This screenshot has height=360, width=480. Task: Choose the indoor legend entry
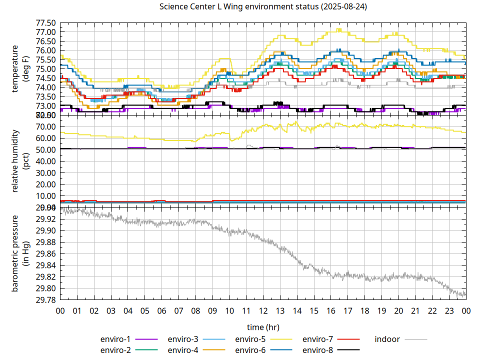[x=387, y=339]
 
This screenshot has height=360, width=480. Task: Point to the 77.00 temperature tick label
[x=45, y=32]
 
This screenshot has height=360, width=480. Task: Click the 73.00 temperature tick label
[x=45, y=106]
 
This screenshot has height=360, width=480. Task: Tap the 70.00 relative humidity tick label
[x=45, y=127]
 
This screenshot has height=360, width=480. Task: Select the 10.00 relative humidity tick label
[x=45, y=196]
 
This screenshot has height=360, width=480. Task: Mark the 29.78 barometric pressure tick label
[x=45, y=300]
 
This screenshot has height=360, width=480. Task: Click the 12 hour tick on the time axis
[x=263, y=311]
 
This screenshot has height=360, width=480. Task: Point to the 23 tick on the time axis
[x=449, y=311]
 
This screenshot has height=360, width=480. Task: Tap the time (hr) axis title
[x=263, y=327]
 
